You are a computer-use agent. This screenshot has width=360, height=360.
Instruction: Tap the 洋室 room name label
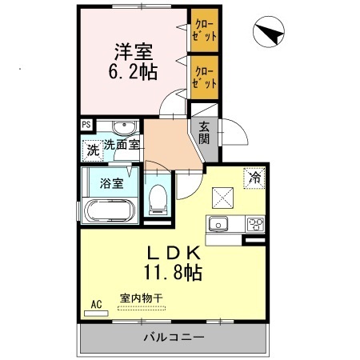133,50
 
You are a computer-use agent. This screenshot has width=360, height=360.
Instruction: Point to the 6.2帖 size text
133,70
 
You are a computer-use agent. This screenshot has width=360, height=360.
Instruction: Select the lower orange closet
205,77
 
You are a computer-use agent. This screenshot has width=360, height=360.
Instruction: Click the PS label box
86,124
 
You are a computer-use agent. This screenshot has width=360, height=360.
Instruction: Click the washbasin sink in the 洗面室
123,129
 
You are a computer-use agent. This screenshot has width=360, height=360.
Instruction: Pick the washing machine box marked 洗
93,148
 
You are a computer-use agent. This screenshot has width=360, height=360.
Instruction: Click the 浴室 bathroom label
111,182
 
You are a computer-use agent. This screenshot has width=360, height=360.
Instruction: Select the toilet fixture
158,198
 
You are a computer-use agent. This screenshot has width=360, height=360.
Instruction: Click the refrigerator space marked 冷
254,178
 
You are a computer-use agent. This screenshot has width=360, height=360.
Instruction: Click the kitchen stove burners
255,223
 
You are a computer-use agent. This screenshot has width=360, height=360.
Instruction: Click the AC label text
95,304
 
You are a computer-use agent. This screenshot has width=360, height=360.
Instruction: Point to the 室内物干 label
141,298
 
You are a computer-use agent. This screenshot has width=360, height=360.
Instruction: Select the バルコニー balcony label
174,338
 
